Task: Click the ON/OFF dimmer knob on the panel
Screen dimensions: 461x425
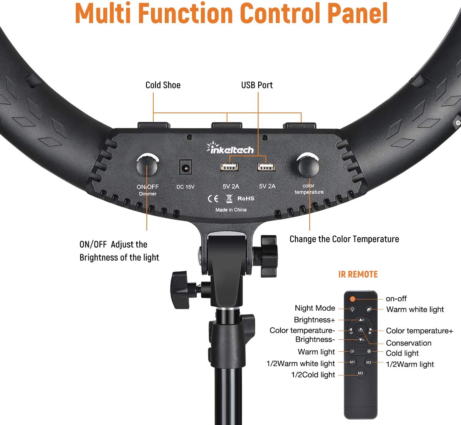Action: (x=147, y=166)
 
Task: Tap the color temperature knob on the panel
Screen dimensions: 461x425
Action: (x=309, y=166)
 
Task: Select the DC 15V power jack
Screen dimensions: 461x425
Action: (x=186, y=167)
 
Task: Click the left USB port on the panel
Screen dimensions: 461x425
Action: (x=229, y=167)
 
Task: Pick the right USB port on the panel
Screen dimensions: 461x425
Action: (x=266, y=167)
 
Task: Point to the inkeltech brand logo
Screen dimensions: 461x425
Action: (x=230, y=148)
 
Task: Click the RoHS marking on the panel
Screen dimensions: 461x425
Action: (x=246, y=198)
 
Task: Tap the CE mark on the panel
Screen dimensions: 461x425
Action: (x=213, y=199)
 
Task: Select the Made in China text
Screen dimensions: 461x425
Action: (x=231, y=210)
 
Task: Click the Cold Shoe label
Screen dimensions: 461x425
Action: (x=163, y=85)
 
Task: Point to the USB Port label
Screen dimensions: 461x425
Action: (x=257, y=85)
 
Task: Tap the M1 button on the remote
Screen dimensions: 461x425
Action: (x=352, y=362)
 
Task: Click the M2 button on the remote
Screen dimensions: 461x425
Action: (x=369, y=362)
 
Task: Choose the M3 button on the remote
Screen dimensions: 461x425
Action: (x=360, y=373)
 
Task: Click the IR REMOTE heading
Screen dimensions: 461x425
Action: (x=358, y=275)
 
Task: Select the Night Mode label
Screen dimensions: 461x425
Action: (x=315, y=308)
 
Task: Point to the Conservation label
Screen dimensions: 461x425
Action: (x=408, y=343)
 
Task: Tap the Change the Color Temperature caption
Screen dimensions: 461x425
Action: (x=344, y=239)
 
